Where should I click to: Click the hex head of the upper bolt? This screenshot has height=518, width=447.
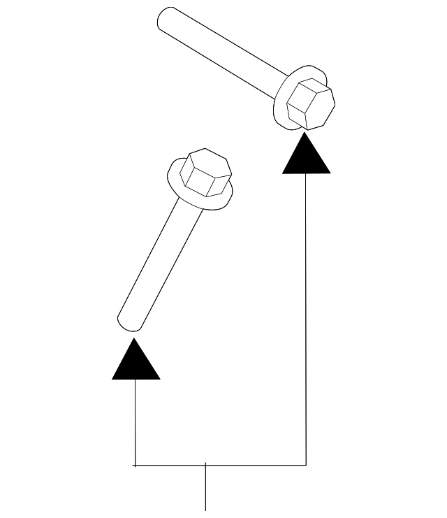click(x=312, y=103)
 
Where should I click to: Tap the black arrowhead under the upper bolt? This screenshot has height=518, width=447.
click(x=306, y=157)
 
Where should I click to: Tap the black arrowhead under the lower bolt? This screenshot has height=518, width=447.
click(x=136, y=361)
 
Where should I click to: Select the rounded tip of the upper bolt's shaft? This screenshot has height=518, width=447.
click(x=165, y=18)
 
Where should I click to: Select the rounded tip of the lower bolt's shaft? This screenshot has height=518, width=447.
click(x=130, y=322)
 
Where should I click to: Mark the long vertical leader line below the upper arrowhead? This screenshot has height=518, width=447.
click(x=306, y=315)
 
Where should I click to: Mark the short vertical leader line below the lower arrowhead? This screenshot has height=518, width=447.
click(x=135, y=419)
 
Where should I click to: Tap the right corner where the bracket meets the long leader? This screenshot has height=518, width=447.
click(x=306, y=464)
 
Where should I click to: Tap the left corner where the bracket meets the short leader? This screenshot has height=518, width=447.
click(x=135, y=464)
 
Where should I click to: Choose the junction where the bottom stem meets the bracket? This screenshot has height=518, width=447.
click(x=205, y=464)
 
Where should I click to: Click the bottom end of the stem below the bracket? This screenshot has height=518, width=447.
click(x=205, y=509)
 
